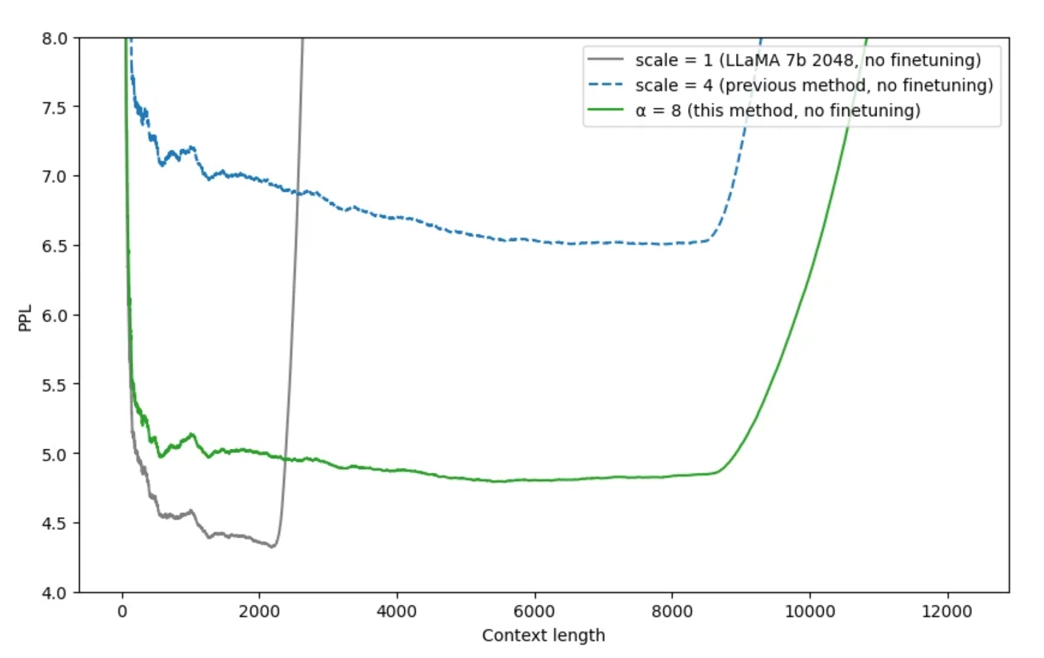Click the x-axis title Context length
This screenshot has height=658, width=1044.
point(543,636)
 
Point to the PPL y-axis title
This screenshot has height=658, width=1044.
point(26,315)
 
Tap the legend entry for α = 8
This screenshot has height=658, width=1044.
point(778,111)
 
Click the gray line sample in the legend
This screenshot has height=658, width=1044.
point(606,59)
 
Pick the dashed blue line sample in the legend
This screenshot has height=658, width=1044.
point(606,85)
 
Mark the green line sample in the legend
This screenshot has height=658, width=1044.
point(606,111)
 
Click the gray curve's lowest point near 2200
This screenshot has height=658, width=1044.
point(273,547)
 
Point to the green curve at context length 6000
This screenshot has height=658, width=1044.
point(534,480)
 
